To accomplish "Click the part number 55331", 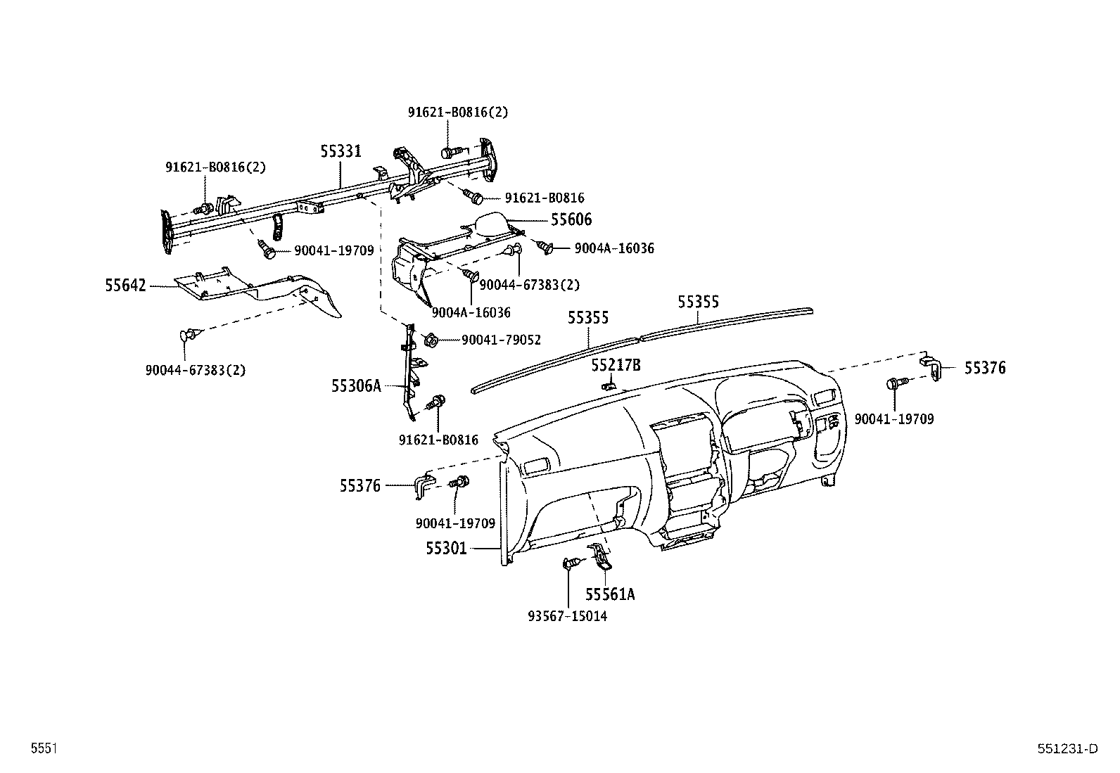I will (341, 151).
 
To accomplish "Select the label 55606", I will (571, 219).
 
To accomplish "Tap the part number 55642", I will (126, 286).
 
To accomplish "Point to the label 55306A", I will (356, 385).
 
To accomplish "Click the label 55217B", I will (616, 365).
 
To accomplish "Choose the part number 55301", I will (446, 548).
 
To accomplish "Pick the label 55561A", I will (610, 595).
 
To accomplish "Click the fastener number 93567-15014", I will (567, 617).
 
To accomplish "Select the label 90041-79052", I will (501, 340).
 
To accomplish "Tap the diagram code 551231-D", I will (1067, 749).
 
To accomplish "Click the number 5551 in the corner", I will (44, 749).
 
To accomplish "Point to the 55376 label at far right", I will (984, 368).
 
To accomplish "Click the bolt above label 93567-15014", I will (571, 563).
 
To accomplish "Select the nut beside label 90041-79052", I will (432, 340).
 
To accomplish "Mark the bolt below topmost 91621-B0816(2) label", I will (451, 151).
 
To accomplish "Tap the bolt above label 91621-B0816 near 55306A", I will (438, 402).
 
